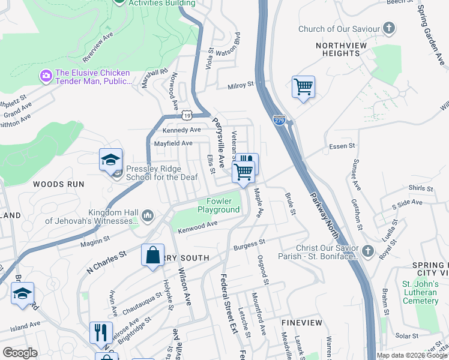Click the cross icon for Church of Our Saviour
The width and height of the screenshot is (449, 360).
click(389, 28)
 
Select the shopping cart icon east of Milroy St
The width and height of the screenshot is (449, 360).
click(303, 87)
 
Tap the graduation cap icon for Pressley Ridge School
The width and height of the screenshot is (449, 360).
click(111, 160)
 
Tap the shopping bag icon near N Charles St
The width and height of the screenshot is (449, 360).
click(153, 254)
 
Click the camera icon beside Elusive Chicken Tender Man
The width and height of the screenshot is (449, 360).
click(46, 76)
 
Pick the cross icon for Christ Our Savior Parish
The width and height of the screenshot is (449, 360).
click(368, 251)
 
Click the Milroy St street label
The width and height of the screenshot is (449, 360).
click(241, 86)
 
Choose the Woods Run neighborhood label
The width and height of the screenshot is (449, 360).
click(58, 184)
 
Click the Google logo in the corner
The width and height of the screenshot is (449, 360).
click(19, 353)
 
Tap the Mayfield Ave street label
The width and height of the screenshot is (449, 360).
click(173, 143)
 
